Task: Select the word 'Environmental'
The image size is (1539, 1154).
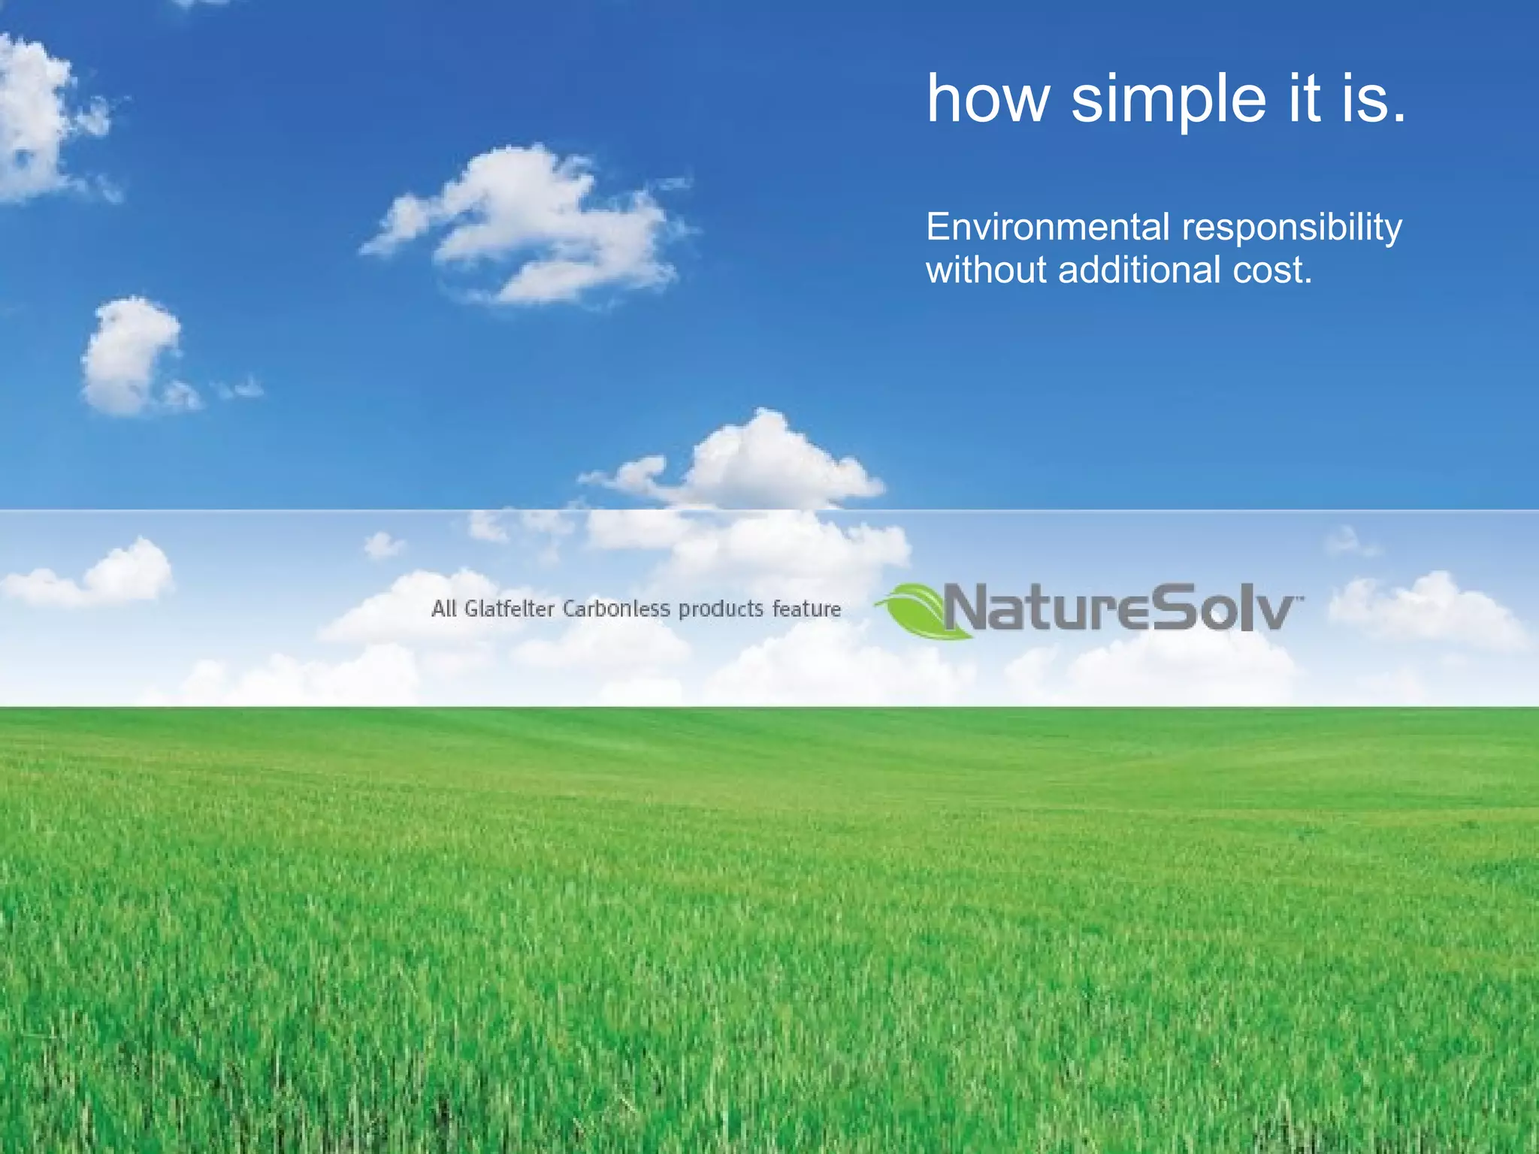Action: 1048,227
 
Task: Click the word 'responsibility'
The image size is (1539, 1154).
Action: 1292,228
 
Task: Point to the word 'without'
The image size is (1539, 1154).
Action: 985,270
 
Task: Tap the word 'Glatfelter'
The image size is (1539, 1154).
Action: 509,609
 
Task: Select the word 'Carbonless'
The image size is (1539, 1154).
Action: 616,609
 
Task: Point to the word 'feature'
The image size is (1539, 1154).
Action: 806,609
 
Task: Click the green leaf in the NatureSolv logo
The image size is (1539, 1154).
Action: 921,610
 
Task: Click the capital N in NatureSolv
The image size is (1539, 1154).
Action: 970,607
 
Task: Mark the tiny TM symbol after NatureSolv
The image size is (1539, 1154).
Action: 1301,598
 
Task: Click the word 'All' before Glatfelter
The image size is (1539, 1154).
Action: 443,609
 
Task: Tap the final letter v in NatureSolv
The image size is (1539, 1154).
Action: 1274,612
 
